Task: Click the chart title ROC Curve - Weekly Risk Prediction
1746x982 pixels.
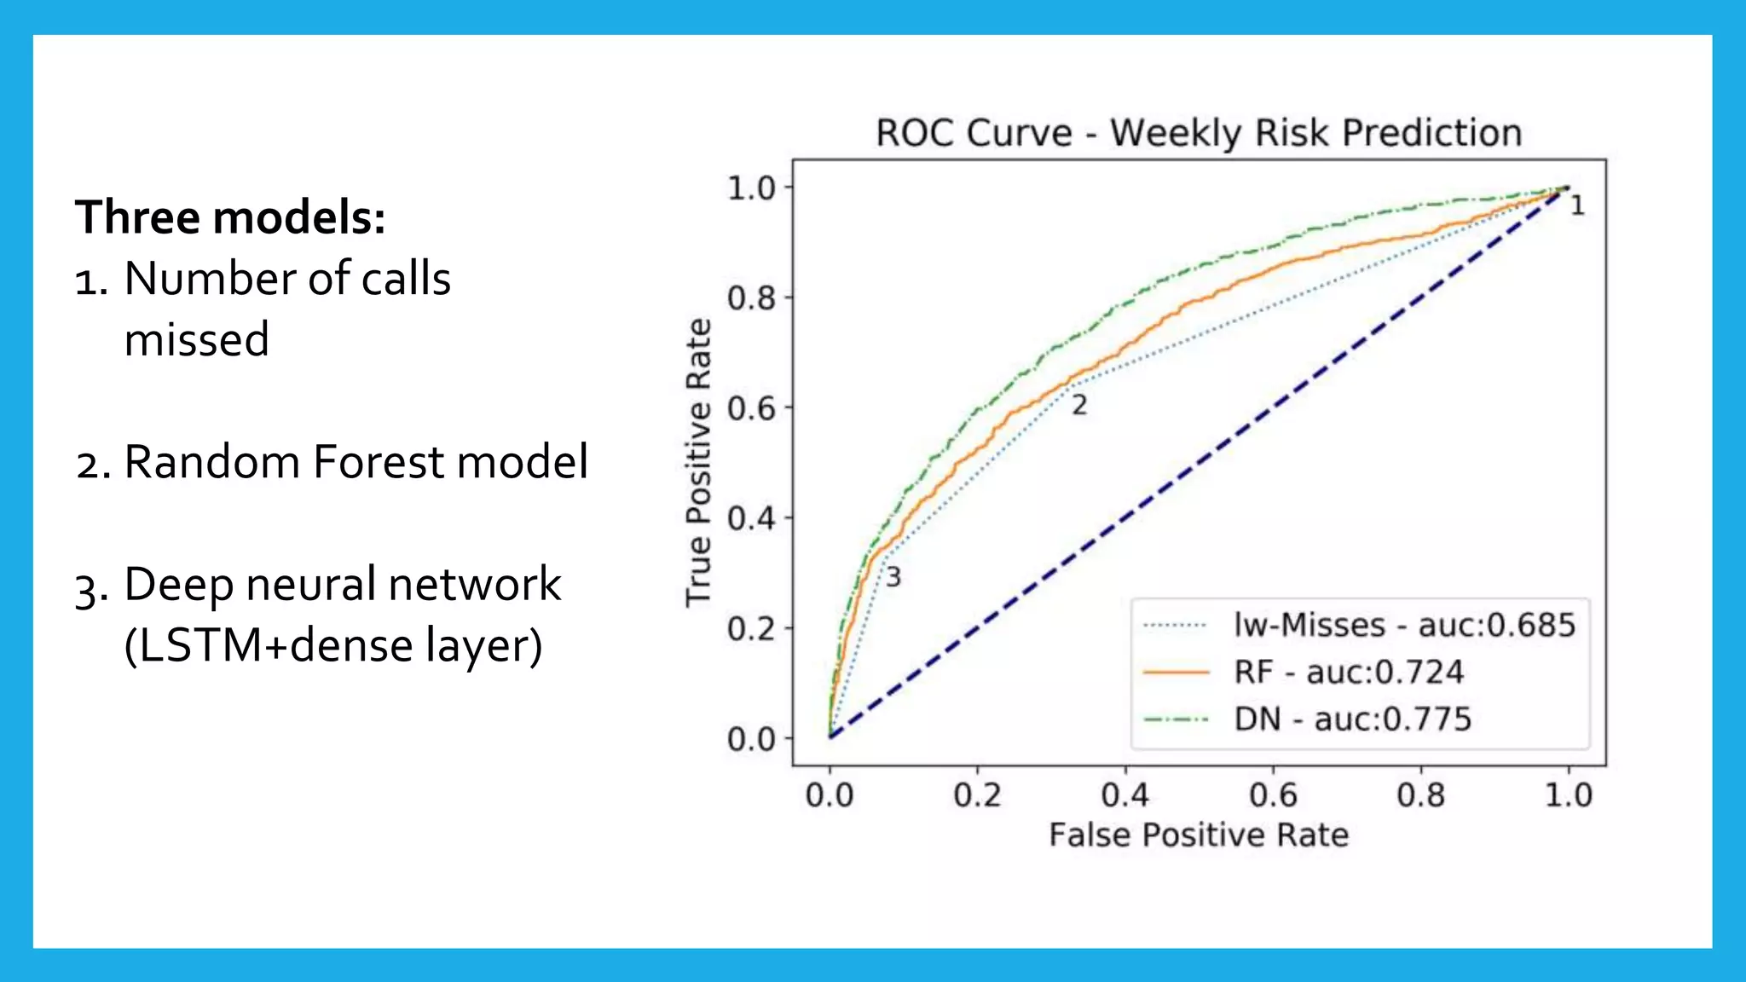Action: pos(1199,134)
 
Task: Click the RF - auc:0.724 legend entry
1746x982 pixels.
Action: pos(1348,673)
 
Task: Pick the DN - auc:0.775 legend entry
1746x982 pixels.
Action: pos(1352,719)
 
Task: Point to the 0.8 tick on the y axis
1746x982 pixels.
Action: pos(751,298)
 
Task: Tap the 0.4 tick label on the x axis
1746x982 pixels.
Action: pos(1124,795)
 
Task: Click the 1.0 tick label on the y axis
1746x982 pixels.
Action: pos(751,188)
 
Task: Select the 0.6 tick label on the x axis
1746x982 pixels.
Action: pos(1273,795)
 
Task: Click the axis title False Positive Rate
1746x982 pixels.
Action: pos(1199,835)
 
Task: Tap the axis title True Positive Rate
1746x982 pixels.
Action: pos(698,462)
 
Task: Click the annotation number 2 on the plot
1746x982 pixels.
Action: pos(1079,406)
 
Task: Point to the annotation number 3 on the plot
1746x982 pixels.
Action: pos(893,577)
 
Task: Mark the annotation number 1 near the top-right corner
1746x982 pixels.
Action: pos(1577,205)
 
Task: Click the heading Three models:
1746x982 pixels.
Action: pos(230,217)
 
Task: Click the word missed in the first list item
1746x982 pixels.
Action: pos(197,339)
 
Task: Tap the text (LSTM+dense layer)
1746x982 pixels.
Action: pos(333,645)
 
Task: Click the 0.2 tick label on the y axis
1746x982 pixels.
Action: pos(751,629)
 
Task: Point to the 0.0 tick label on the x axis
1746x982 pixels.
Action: pos(829,795)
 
